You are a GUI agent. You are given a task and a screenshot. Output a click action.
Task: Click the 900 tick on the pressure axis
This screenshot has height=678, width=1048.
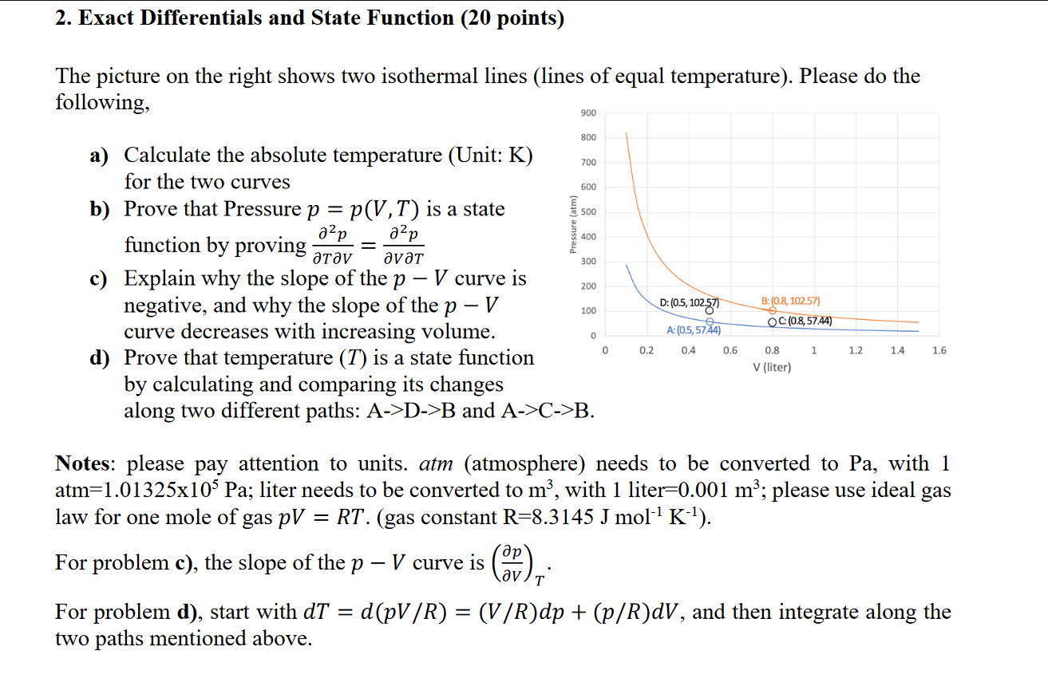click(x=588, y=112)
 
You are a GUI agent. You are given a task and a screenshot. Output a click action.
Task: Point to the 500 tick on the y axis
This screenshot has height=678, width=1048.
click(x=588, y=212)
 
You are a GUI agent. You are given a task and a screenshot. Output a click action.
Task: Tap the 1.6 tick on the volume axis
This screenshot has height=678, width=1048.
click(x=939, y=350)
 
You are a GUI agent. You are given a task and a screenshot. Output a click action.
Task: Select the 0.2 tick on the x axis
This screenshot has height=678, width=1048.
click(x=647, y=350)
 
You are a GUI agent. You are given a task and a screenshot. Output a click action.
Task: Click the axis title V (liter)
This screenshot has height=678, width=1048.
click(x=772, y=368)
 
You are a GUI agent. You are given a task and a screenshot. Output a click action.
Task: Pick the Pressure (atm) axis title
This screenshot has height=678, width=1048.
click(x=572, y=224)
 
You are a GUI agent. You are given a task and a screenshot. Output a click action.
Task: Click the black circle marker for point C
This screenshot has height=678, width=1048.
click(x=773, y=322)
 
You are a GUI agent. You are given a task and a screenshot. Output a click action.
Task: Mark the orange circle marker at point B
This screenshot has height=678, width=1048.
click(x=773, y=310)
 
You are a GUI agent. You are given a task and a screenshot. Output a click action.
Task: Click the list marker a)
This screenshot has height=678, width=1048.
click(x=99, y=156)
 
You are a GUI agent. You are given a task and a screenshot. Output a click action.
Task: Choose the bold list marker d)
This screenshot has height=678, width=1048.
click(x=100, y=358)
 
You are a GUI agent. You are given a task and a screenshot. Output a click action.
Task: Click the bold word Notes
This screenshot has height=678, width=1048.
click(x=82, y=463)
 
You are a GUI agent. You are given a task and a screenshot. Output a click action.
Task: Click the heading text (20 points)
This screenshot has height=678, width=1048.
click(x=512, y=18)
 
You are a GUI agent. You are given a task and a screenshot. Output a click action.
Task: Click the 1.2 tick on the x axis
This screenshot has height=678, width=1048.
click(x=856, y=350)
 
